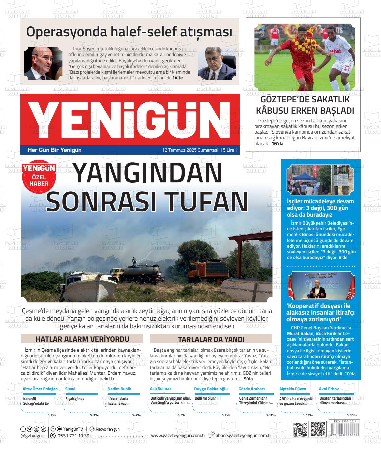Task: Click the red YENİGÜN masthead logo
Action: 130,119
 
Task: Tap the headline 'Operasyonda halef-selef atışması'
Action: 129,32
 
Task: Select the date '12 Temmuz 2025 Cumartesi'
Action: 190,150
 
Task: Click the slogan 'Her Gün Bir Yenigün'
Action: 54,150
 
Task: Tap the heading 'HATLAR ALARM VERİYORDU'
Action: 82,339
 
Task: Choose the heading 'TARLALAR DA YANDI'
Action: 211,339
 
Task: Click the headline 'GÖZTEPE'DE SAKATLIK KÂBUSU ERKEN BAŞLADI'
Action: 303,105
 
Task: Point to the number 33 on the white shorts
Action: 347,68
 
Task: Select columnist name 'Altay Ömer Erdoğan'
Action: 40,389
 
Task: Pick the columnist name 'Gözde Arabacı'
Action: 251,389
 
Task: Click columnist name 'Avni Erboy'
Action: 329,389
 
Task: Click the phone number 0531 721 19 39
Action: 73,436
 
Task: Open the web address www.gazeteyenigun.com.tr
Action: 178,435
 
